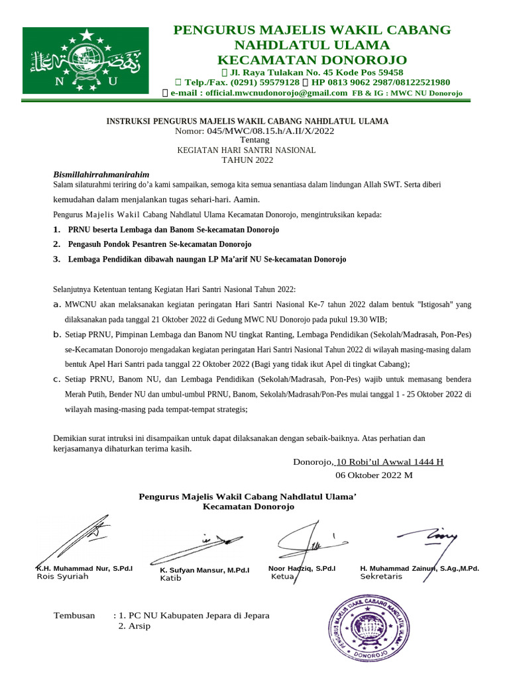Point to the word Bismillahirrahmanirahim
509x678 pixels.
[x=101, y=174]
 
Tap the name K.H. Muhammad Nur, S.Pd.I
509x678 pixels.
[x=84, y=568]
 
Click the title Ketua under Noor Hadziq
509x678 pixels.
[x=283, y=577]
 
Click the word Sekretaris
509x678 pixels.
[x=381, y=577]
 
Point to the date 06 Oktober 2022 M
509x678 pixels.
[x=374, y=475]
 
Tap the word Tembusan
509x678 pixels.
[x=74, y=615]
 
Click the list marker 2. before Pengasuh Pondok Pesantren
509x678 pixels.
[x=56, y=244]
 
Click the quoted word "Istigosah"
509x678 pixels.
[x=435, y=305]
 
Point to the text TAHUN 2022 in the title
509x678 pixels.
[x=247, y=160]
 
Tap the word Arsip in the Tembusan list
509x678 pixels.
[x=140, y=626]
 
